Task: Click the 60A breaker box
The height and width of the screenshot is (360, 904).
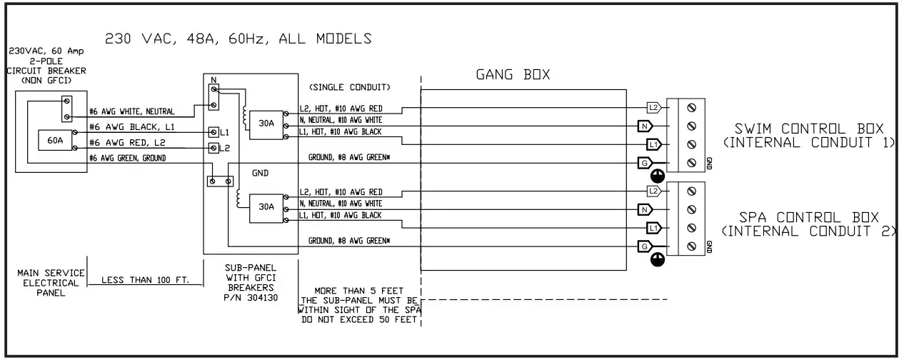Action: point(55,141)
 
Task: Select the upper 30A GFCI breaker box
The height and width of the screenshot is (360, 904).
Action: point(266,123)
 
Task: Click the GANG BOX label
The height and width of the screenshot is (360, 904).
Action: point(512,74)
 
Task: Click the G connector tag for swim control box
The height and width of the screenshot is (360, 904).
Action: point(645,164)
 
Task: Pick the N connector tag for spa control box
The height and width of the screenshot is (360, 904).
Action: point(645,209)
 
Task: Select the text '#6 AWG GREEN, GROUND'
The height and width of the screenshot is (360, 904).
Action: point(126,159)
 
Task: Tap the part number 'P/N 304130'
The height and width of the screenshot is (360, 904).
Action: point(251,299)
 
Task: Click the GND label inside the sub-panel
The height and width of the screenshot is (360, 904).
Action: point(260,173)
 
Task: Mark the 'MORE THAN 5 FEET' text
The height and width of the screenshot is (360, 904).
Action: point(358,291)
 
